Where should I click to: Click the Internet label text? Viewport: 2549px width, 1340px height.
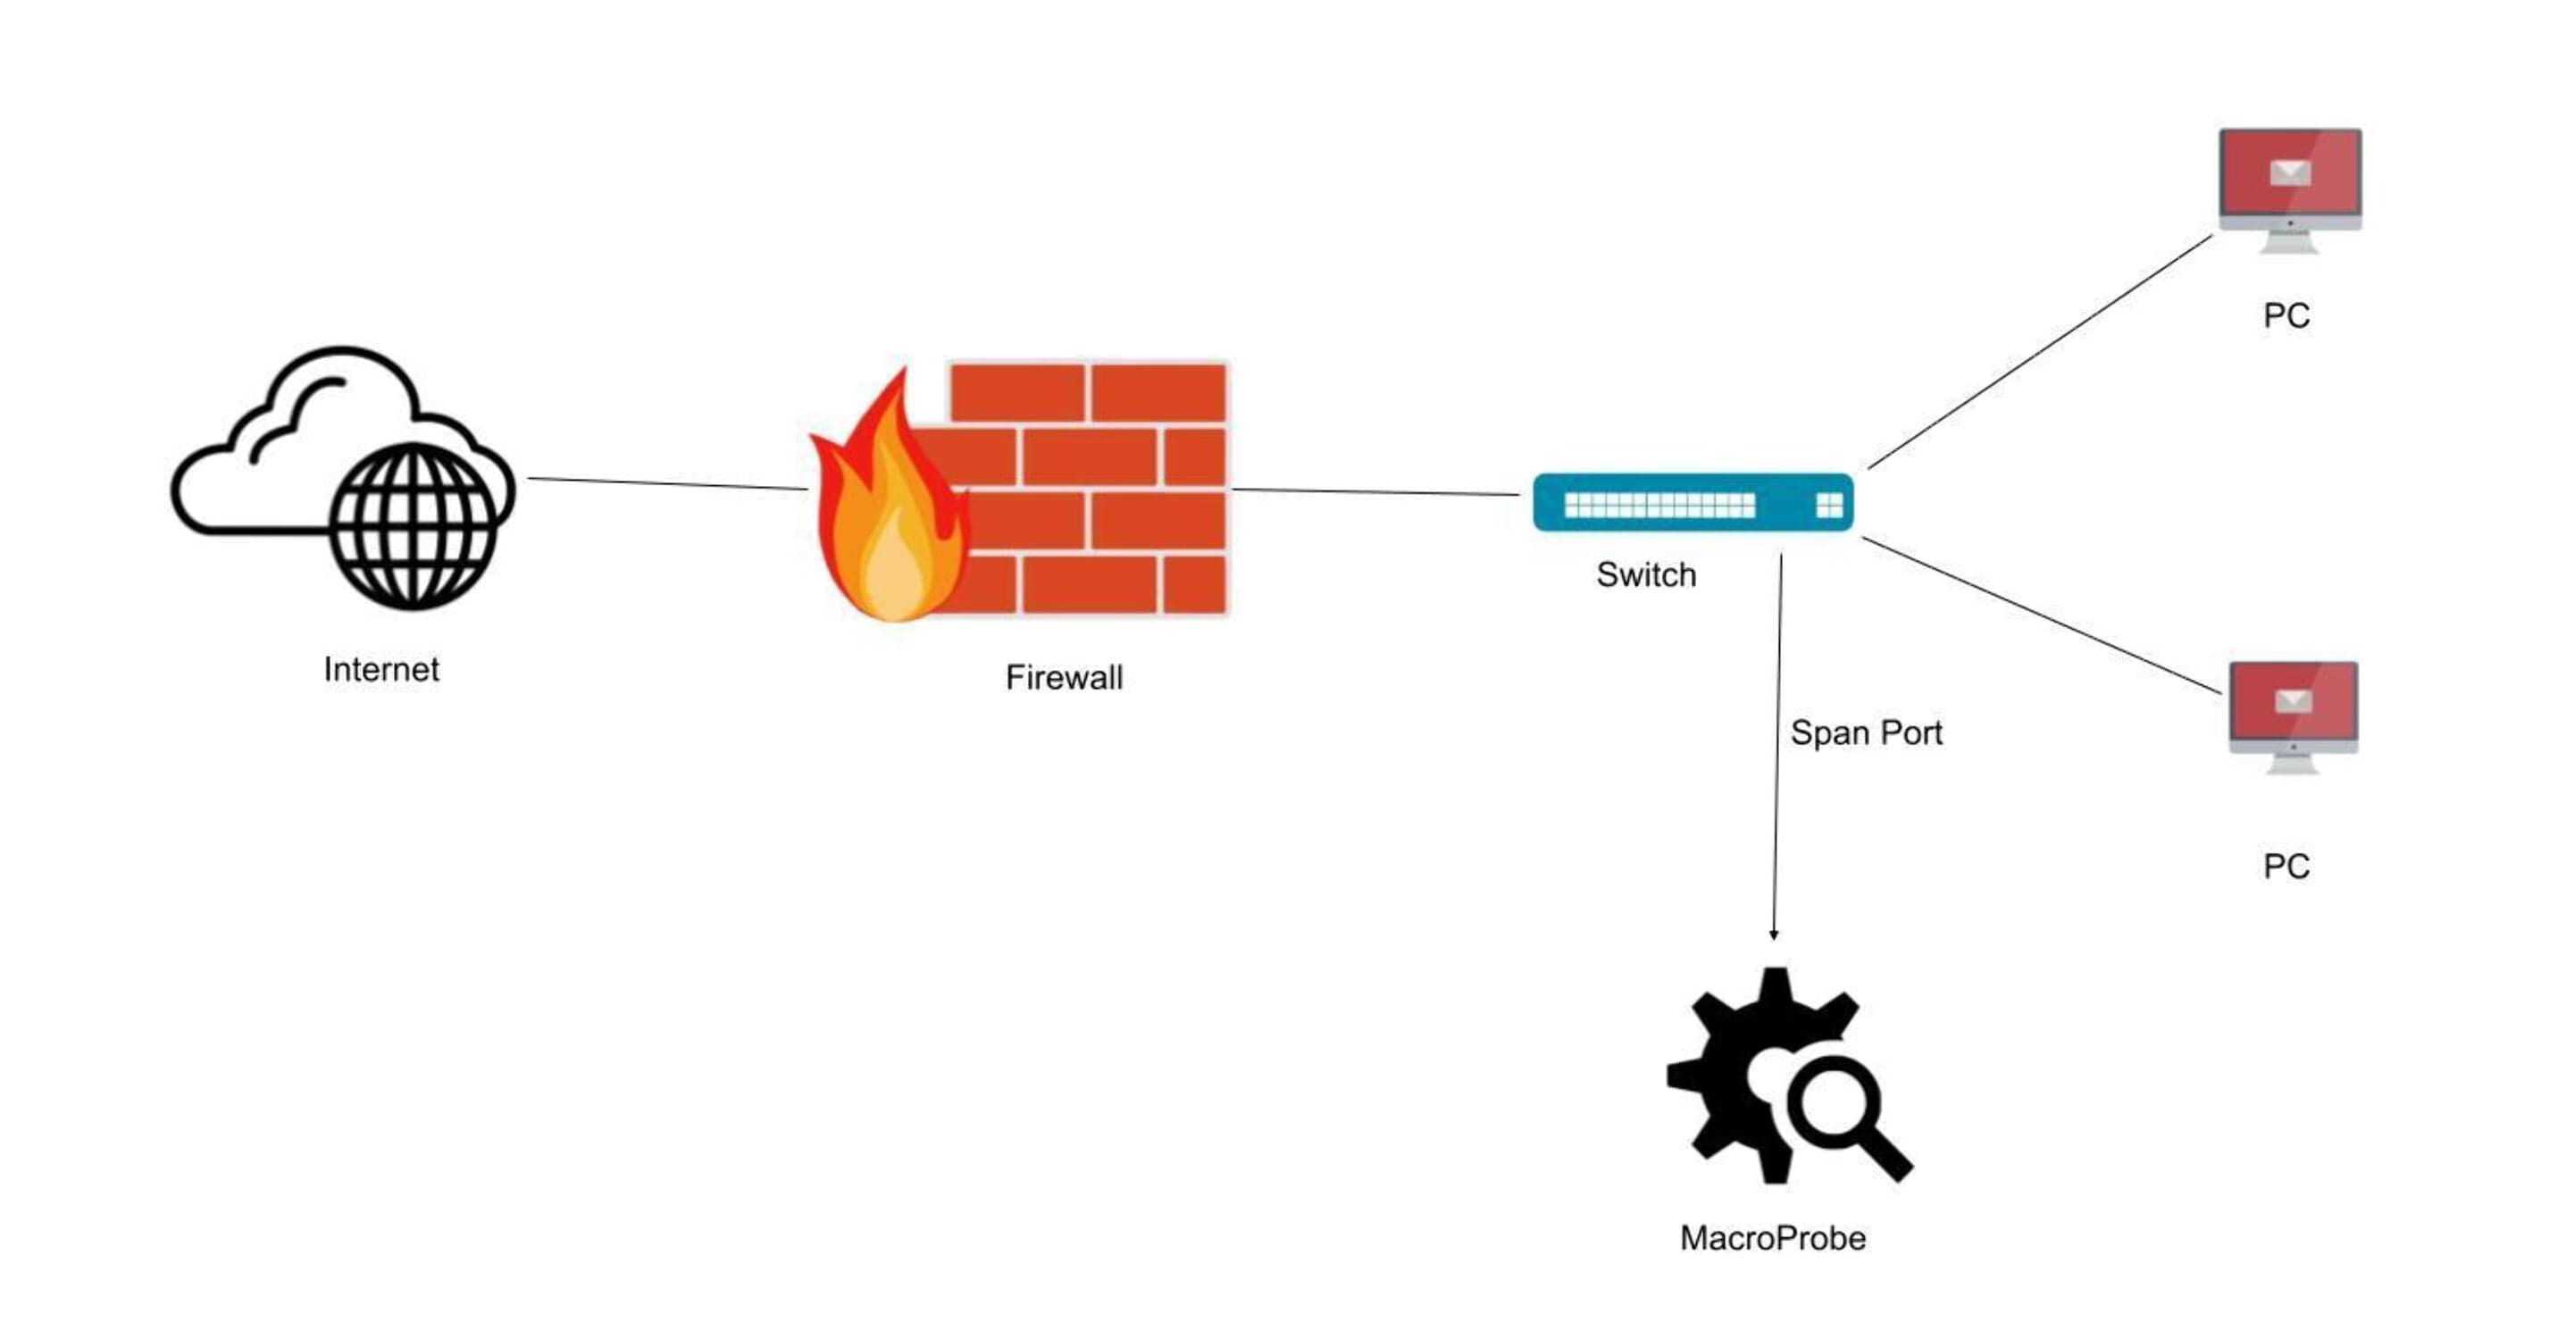coord(381,670)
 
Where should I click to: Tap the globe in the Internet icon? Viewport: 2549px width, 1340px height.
coord(413,525)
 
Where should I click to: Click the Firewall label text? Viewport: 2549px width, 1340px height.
coord(1064,678)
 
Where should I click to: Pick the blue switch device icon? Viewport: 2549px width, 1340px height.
coord(1693,503)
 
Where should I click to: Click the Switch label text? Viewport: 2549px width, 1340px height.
coord(1647,575)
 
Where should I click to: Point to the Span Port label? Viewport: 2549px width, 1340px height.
coord(1867,733)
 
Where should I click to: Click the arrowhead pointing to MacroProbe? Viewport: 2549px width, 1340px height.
coord(1773,934)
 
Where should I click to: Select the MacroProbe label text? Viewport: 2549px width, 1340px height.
coord(1772,1238)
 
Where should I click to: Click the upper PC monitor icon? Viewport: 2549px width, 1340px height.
coord(2290,190)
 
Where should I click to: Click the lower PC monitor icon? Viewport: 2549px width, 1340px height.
coord(2293,717)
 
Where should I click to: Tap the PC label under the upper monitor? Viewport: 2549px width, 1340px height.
coord(2286,315)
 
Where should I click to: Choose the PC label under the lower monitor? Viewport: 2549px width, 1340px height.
coord(2286,867)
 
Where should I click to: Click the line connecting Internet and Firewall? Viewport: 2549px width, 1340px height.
coord(667,484)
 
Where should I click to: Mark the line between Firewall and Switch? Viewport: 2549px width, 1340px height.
coord(1375,492)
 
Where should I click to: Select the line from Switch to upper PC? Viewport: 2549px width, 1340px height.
coord(2039,351)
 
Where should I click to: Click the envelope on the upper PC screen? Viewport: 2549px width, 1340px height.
coord(2290,173)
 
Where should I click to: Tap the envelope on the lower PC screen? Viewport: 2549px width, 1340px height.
coord(2293,701)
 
